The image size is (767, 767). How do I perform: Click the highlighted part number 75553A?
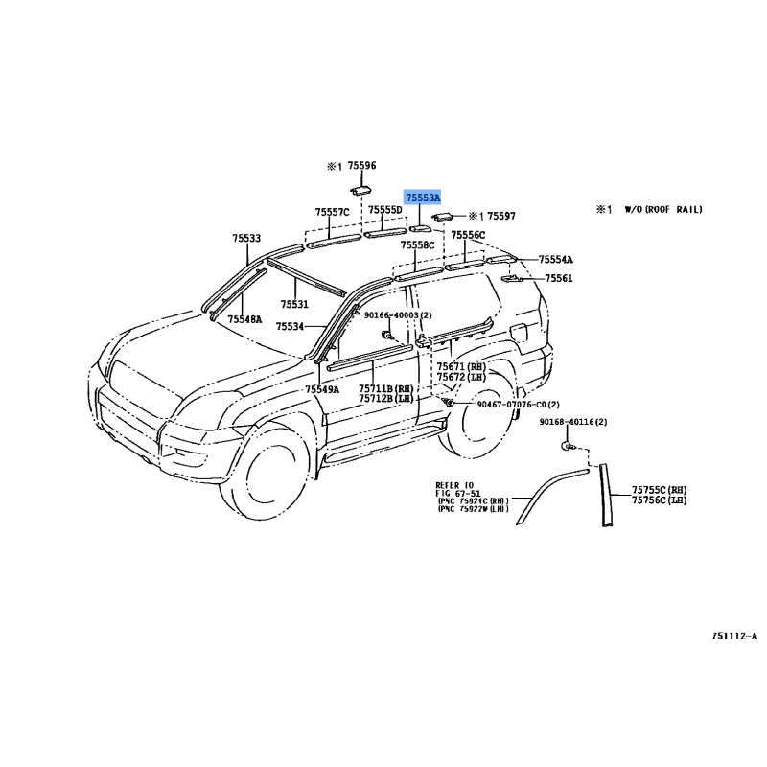422,198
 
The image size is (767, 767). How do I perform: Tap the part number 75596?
361,166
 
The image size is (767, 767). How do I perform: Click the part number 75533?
245,238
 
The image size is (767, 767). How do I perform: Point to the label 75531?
294,305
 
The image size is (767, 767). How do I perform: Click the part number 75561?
559,278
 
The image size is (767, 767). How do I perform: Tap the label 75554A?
555,260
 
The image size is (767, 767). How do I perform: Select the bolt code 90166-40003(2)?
398,314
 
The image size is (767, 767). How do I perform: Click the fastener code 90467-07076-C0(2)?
518,405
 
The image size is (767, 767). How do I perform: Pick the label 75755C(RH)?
660,489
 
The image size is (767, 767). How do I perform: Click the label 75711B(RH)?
385,388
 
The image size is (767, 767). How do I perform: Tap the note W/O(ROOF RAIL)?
662,208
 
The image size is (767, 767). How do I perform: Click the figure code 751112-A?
734,636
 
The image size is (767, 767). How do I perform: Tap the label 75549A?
322,389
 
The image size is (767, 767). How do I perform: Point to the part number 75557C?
332,212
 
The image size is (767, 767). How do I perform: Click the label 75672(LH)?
462,378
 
